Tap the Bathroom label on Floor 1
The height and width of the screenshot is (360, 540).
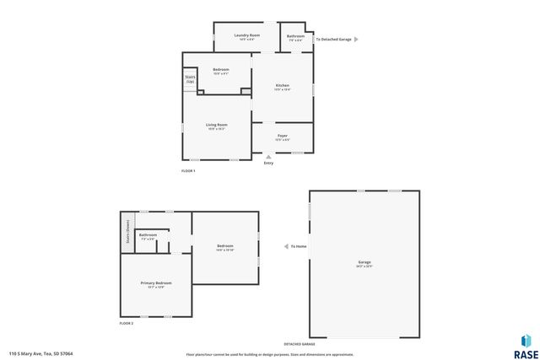click(x=295, y=36)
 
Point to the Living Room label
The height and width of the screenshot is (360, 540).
click(x=217, y=125)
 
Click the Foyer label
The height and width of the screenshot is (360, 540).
click(x=283, y=136)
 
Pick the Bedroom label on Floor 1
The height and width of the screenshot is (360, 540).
click(x=220, y=69)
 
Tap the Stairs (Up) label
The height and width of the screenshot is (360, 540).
click(x=190, y=79)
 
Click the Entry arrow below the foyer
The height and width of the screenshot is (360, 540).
click(x=268, y=156)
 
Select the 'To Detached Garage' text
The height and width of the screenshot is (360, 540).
click(x=333, y=39)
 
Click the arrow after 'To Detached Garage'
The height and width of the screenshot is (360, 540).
click(x=356, y=39)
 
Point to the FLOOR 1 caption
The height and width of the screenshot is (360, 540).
click(x=188, y=172)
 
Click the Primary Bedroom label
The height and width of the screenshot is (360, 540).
click(x=156, y=282)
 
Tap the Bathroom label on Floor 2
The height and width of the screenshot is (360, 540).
click(x=148, y=235)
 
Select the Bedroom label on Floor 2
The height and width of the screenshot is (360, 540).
click(x=224, y=246)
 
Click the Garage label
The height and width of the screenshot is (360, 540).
click(x=364, y=262)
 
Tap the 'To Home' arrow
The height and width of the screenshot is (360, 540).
click(x=285, y=246)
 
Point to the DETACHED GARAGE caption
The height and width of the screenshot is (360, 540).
click(x=299, y=345)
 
